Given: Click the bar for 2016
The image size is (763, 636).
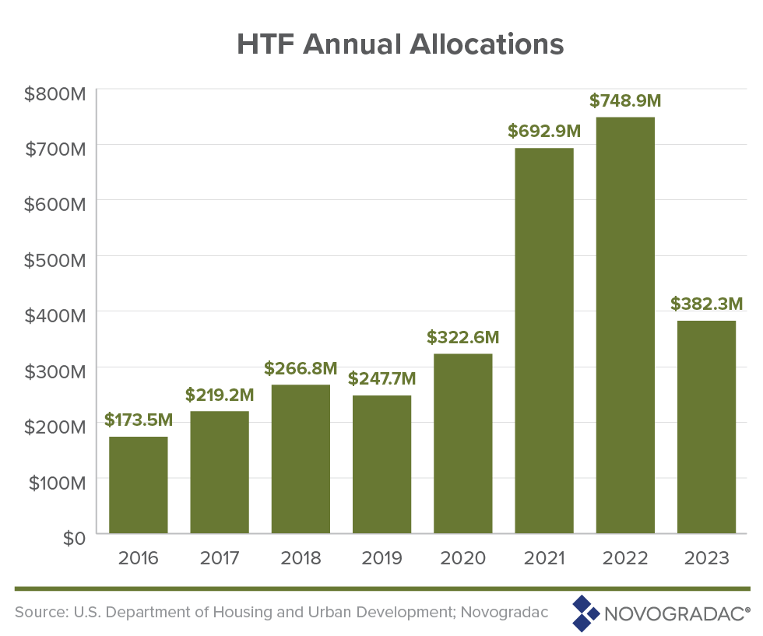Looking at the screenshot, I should point(139,485).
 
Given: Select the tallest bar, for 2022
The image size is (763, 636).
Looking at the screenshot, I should point(625,325).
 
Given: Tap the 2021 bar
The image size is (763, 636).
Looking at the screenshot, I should point(544,341).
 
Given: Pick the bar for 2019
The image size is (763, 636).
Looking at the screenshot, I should point(381,464).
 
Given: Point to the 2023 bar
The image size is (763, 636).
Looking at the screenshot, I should point(706,427).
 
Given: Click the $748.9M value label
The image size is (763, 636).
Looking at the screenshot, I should point(625,101).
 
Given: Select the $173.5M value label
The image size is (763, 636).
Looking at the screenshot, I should point(139,420).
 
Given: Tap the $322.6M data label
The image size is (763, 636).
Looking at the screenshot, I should point(462,338).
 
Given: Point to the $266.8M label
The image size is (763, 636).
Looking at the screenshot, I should point(301,367).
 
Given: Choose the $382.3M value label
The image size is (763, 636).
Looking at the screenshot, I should point(707,304).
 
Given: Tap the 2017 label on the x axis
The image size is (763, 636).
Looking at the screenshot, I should point(220,559).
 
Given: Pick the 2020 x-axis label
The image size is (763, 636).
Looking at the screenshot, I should point(462,559).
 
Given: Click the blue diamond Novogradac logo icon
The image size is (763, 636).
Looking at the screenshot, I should point(585,613).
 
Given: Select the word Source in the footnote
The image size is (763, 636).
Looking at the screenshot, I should point(40,612).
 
